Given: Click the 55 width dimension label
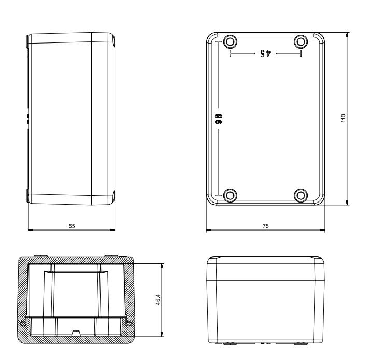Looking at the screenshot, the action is [72, 226].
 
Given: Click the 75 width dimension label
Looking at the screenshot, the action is [266, 226].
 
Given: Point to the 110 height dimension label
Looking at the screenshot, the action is [344, 118].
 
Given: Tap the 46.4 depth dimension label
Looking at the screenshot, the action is [158, 299].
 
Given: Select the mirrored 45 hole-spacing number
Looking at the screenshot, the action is [265, 53].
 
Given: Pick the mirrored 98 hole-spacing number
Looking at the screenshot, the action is [218, 119].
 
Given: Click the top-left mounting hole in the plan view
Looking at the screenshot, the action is [230, 42].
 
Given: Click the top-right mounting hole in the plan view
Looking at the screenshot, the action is [301, 42].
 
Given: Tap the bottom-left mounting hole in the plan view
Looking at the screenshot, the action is [230, 195].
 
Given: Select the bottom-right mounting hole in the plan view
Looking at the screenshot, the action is [301, 195].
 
